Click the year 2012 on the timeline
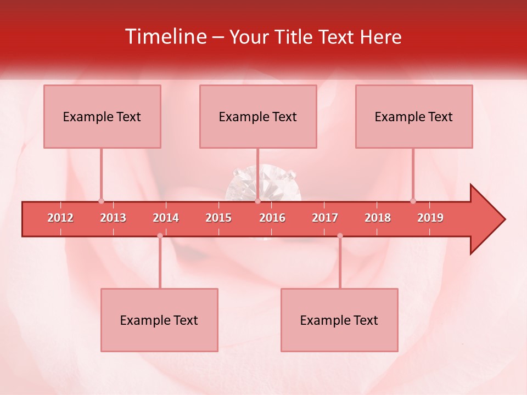pyautogui.click(x=60, y=218)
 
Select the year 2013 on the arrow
pyautogui.click(x=113, y=218)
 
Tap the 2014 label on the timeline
pyautogui.click(x=166, y=218)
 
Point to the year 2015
pyautogui.click(x=218, y=218)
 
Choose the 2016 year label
pyautogui.click(x=272, y=218)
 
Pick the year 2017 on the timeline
pyautogui.click(x=325, y=218)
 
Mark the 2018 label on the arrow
pyautogui.click(x=378, y=218)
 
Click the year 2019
pyautogui.click(x=430, y=218)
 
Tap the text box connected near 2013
pyautogui.click(x=102, y=116)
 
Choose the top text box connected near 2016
pyautogui.click(x=258, y=116)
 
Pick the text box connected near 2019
pyautogui.click(x=414, y=116)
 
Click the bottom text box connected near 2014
pyautogui.click(x=159, y=320)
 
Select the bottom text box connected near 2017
pyautogui.click(x=339, y=320)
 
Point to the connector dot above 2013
pyautogui.click(x=101, y=201)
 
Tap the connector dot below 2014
pyautogui.click(x=160, y=236)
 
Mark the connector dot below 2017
pyautogui.click(x=340, y=236)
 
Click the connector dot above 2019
pyautogui.click(x=413, y=201)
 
